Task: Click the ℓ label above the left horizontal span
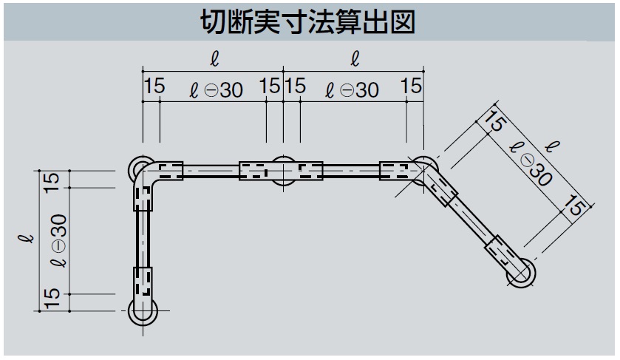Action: tap(214, 58)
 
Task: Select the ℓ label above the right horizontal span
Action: tap(355, 58)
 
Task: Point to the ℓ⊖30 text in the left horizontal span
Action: tap(216, 89)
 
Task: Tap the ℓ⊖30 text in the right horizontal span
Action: tap(352, 89)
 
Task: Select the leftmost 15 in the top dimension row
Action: tap(154, 86)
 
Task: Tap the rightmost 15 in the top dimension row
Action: tap(412, 86)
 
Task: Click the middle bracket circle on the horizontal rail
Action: tap(283, 171)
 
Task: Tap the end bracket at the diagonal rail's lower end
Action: tap(522, 271)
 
